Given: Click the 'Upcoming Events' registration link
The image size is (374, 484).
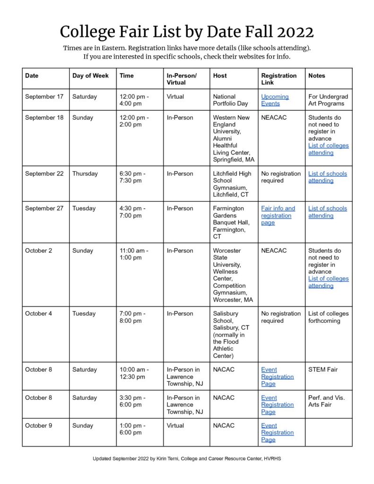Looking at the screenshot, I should [x=275, y=100].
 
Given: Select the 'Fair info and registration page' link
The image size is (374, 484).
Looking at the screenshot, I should [x=278, y=216].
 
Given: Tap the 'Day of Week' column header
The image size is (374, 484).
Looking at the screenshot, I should [x=90, y=76].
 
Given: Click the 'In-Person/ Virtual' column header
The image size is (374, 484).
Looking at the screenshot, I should [x=182, y=79].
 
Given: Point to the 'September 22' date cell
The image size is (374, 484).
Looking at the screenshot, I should [x=44, y=173].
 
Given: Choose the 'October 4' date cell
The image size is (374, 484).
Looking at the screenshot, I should [x=39, y=313].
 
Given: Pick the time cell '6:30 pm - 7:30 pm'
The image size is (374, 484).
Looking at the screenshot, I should [x=133, y=177].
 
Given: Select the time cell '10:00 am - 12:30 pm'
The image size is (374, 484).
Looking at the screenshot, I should [x=134, y=373].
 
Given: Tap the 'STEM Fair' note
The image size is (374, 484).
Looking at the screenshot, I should [x=323, y=370].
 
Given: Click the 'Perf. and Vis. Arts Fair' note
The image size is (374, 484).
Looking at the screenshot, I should [x=326, y=401].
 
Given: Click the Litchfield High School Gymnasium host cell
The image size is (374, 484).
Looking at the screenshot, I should [x=232, y=184].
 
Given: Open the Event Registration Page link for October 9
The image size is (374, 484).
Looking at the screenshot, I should [x=277, y=432].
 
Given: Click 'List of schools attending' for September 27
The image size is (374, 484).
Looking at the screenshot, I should [x=327, y=212].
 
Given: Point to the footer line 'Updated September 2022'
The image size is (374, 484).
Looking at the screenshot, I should [x=187, y=458].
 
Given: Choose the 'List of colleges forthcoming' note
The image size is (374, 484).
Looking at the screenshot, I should [x=328, y=317].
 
